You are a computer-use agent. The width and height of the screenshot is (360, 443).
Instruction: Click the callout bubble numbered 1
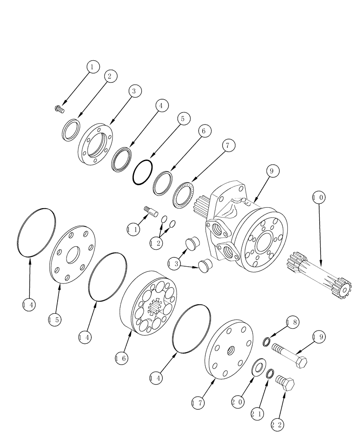coord(92,67)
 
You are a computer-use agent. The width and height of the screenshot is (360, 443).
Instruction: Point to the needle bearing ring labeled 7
coord(184,195)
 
